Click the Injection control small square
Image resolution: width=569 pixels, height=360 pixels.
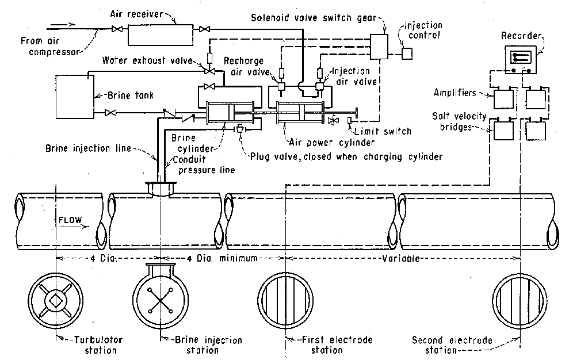click(407, 53)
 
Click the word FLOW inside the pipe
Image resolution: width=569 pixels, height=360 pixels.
click(70, 220)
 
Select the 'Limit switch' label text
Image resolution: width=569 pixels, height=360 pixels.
click(384, 131)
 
